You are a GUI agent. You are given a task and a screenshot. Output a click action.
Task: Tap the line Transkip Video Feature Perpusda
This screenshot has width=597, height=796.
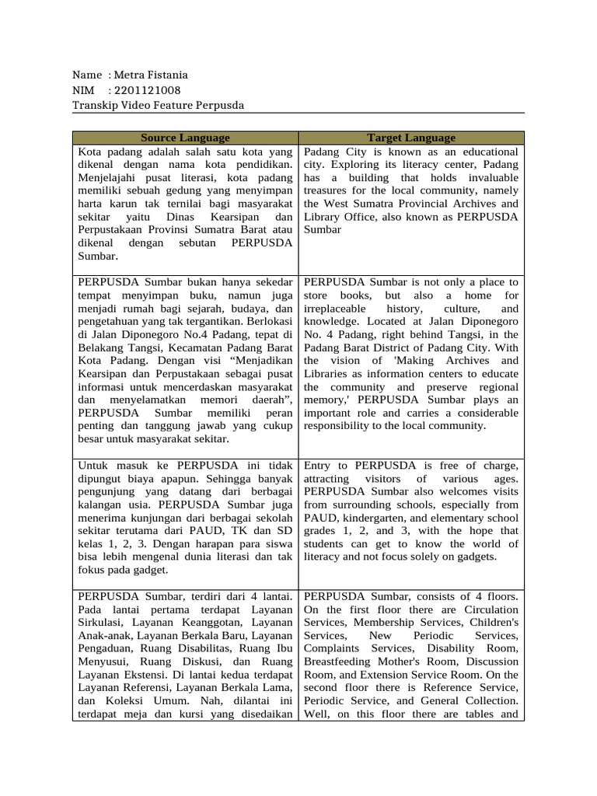point(158,105)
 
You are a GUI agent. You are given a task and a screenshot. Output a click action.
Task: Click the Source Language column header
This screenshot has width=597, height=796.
point(185,138)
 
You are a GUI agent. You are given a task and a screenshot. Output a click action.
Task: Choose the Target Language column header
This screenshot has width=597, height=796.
point(411,138)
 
